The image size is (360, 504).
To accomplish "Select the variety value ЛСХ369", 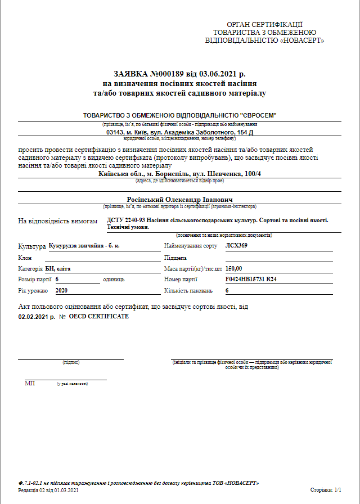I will [x=236, y=246].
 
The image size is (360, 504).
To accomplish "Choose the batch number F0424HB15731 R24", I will [x=251, y=279].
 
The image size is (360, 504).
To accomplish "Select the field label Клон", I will [x=25, y=257].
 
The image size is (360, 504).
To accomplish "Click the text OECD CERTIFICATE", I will [x=98, y=316].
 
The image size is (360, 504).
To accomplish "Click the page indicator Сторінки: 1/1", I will [x=326, y=490].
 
